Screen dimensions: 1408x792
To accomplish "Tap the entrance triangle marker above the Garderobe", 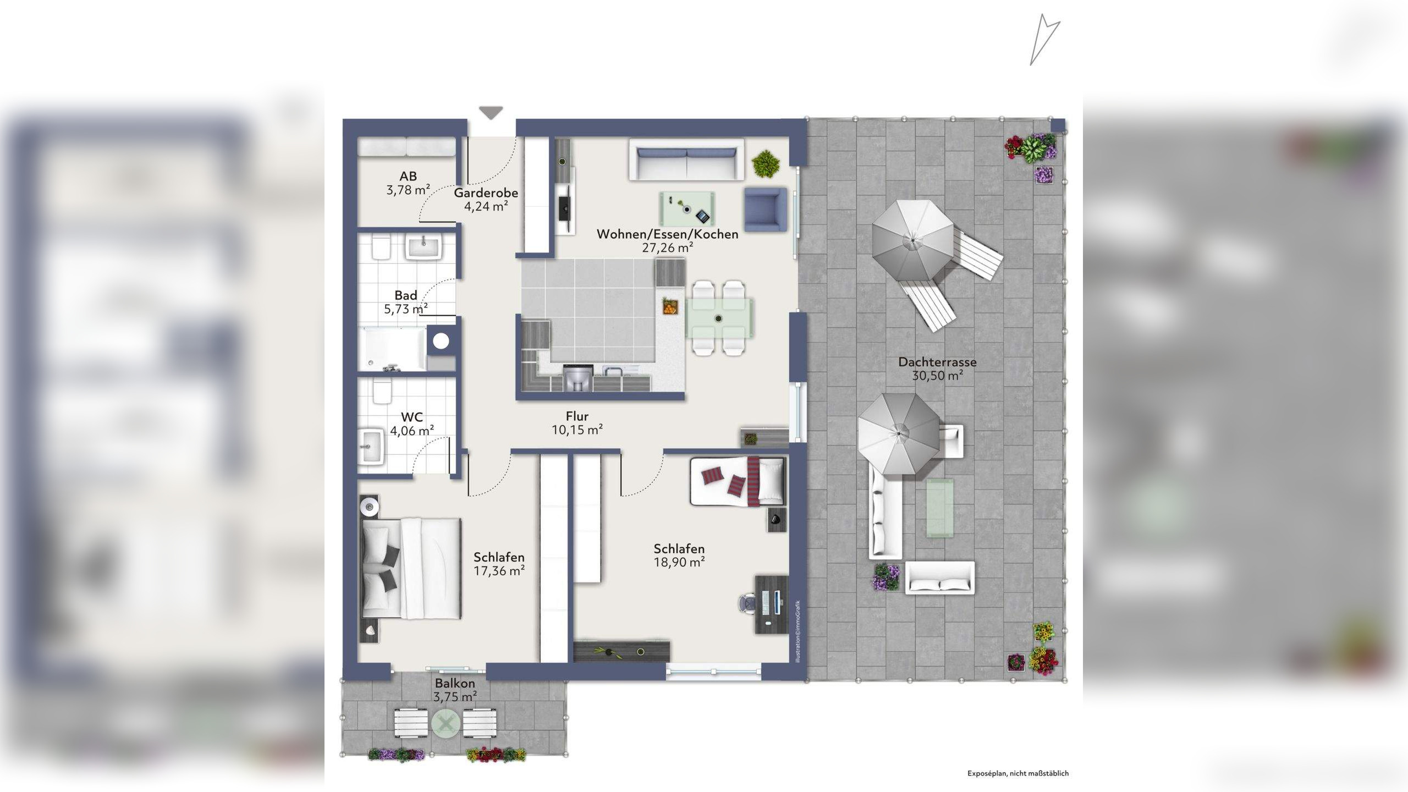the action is pos(491,113).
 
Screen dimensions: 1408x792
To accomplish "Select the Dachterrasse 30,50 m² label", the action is pos(937,369).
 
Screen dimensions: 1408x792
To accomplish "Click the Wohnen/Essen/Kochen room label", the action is pos(667,241).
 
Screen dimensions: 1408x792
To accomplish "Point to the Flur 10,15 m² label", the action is pos(577,423).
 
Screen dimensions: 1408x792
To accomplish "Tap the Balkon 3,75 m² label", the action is pos(455,690).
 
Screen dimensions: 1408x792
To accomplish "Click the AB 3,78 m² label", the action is pos(408,183).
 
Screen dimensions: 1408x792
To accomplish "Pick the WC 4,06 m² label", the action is pos(412,424).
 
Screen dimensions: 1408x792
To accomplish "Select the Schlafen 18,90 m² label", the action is pos(679,555).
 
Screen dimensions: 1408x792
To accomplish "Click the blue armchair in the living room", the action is pos(765,209).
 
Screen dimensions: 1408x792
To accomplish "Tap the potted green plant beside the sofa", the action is pos(765,164).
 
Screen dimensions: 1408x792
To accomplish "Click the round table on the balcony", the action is pos(446,723).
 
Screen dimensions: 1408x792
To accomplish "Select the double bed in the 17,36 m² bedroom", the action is pos(411,568).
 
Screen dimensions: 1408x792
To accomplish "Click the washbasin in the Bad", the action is pos(424,246).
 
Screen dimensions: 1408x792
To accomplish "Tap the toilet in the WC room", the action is pos(382,391).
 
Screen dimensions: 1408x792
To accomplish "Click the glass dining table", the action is pos(719,318).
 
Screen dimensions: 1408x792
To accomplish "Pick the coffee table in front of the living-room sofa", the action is pos(687,208).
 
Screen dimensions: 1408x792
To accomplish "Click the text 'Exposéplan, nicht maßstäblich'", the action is pos(1018,773).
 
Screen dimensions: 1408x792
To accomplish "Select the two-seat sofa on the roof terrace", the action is pos(940,577).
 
